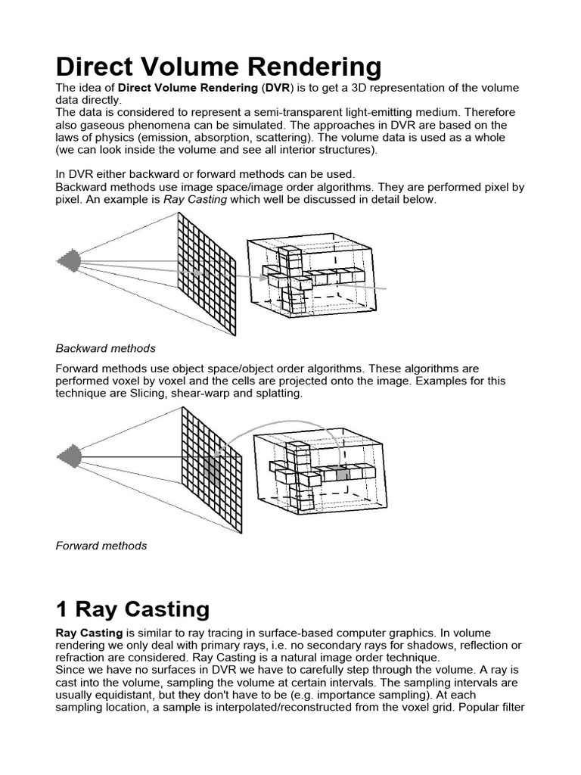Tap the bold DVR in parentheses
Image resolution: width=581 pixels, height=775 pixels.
277,89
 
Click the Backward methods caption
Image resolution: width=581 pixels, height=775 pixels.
105,348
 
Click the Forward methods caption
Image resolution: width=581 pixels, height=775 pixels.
101,545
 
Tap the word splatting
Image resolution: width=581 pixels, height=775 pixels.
278,394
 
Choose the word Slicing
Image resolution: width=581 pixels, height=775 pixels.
148,394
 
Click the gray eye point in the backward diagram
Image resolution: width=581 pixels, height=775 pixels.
69,262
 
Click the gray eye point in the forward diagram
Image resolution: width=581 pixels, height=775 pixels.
69,457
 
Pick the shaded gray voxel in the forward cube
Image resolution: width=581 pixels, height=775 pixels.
342,474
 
